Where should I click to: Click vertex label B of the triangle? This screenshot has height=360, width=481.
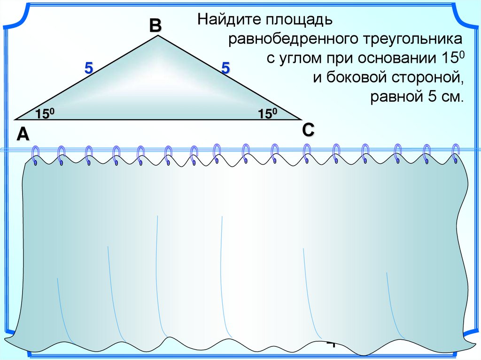point(155,26)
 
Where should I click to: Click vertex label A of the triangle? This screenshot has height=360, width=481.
point(23,135)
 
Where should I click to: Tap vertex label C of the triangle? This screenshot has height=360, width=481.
point(308,130)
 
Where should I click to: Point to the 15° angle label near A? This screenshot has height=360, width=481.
point(46,114)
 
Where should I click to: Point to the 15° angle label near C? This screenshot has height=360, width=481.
point(267,114)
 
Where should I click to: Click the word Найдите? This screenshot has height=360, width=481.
point(230,20)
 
